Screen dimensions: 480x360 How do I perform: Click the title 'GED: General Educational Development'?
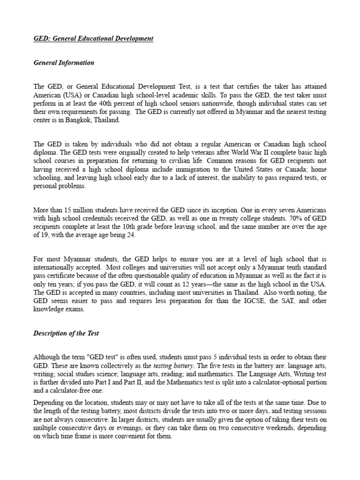[x=93, y=38]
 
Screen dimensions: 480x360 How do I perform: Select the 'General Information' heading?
[x=64, y=63]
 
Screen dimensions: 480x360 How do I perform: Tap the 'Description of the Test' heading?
[x=66, y=334]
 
